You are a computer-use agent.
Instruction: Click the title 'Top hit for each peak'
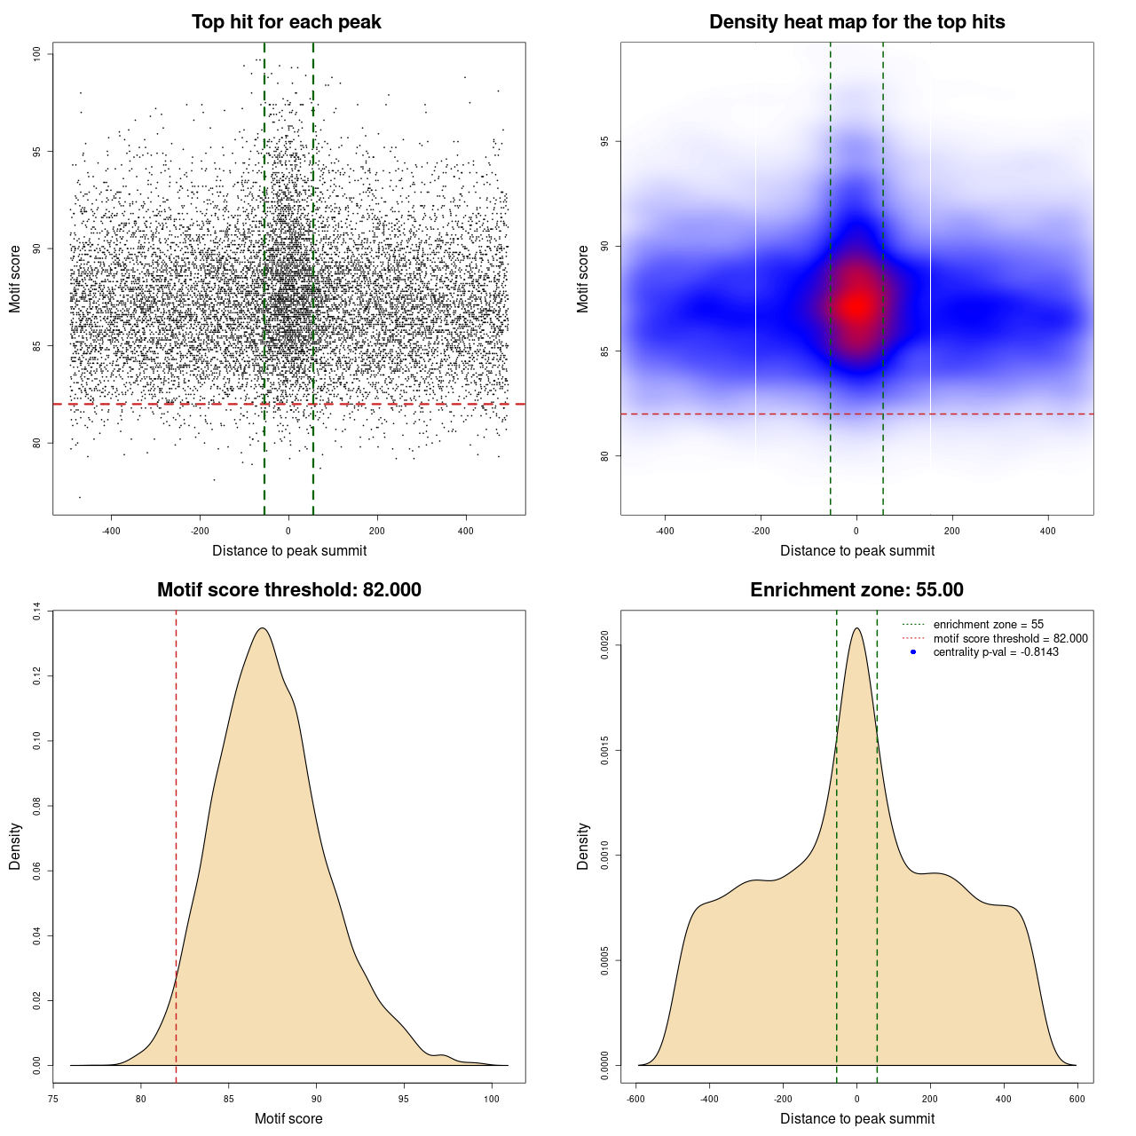286,22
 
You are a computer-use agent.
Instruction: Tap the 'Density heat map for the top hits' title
856,22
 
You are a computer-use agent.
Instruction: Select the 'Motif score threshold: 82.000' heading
288,590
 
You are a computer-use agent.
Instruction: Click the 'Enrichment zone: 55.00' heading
856,590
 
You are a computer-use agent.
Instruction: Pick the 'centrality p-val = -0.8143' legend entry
996,652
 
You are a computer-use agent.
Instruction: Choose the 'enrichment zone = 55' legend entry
988,625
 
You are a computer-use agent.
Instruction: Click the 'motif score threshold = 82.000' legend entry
1010,639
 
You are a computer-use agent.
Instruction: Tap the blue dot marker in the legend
913,652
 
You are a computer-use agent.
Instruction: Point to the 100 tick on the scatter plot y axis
37,54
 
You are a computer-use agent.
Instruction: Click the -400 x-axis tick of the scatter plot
111,531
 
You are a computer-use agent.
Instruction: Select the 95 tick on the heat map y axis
605,141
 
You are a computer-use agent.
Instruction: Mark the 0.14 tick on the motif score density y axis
37,611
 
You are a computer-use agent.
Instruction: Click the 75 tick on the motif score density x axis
53,1099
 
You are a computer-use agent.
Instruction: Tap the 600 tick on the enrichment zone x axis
1077,1099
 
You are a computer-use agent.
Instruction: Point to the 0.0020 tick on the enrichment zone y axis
605,645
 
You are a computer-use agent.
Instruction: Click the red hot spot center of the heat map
856,304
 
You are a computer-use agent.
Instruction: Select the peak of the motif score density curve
262,628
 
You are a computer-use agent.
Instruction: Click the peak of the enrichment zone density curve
856,628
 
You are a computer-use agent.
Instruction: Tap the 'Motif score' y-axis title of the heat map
583,279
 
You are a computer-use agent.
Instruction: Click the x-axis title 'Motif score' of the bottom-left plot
288,1118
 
